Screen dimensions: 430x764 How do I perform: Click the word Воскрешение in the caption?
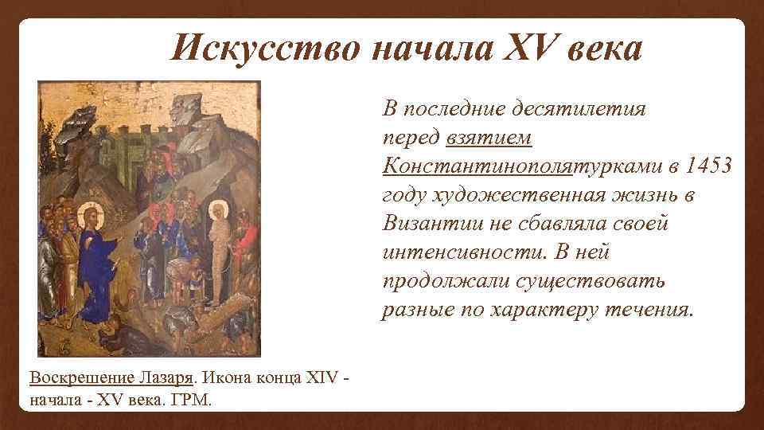73,377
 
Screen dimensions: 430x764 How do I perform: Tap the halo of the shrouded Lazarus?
218,211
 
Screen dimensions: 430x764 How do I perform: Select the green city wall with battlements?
135,155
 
